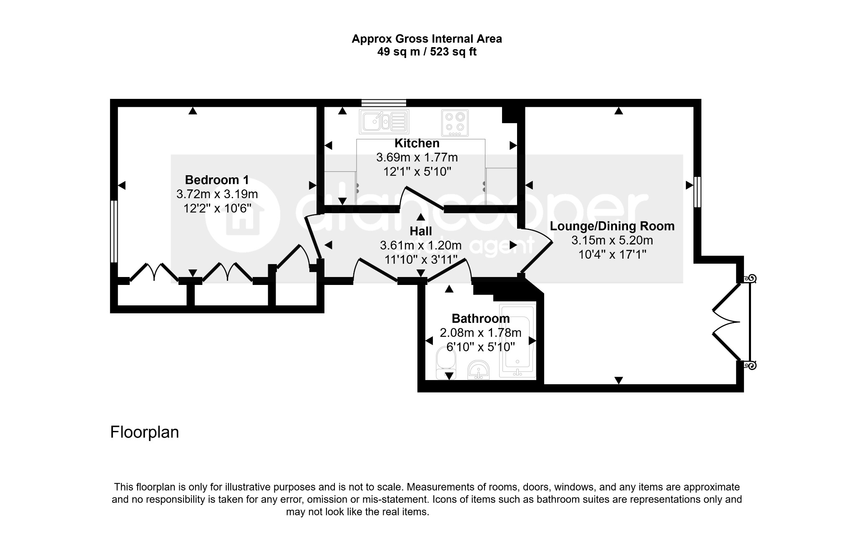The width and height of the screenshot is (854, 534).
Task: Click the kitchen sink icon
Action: [384, 122]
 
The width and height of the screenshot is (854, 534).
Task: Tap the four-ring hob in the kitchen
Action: [455, 123]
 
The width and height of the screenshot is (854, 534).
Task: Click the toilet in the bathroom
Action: [446, 363]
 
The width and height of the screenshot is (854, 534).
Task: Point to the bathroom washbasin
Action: [479, 370]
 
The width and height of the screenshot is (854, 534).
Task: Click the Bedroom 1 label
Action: [217, 180]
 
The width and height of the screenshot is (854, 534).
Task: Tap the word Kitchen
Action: [417, 143]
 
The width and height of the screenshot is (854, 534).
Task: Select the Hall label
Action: [421, 231]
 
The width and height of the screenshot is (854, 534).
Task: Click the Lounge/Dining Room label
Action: [612, 226]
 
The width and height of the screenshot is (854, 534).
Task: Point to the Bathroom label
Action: [481, 318]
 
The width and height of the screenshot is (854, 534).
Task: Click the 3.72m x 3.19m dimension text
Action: [217, 194]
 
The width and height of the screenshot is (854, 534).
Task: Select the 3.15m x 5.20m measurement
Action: [612, 240]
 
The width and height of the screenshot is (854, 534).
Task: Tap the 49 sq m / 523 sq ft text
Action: [427, 52]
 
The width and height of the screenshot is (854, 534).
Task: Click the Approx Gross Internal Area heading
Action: [427, 39]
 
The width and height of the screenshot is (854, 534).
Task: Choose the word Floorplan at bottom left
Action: [145, 432]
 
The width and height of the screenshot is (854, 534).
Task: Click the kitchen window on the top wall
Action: [384, 103]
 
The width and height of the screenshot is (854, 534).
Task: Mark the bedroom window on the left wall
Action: [114, 232]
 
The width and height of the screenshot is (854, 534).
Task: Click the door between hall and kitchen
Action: [421, 198]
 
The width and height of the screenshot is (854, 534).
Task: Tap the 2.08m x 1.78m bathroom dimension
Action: [481, 332]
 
